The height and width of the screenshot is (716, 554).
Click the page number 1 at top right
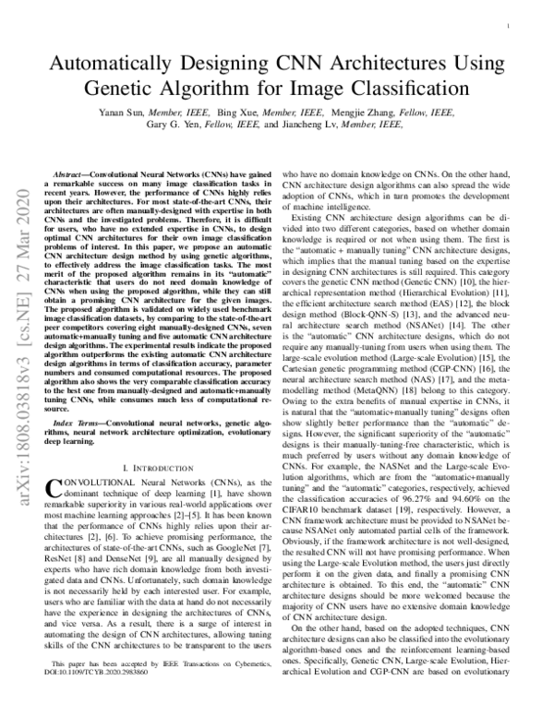coord(511,28)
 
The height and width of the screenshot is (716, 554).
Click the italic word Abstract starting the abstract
coord(70,173)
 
